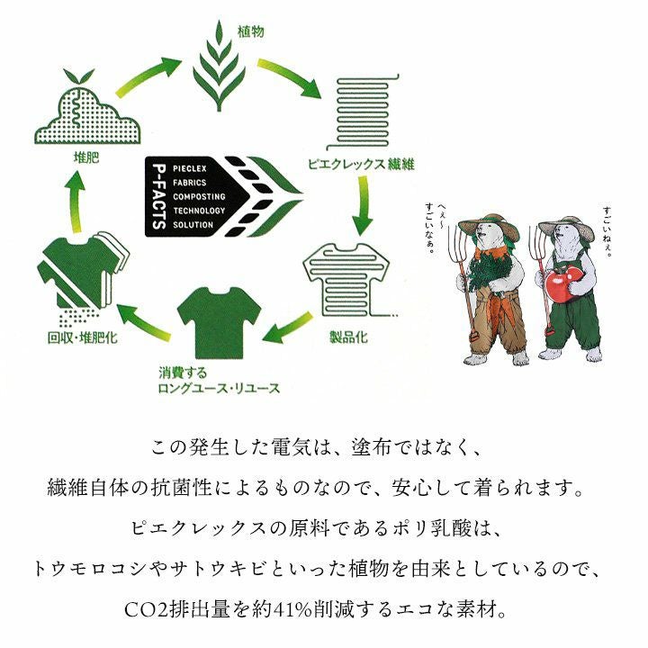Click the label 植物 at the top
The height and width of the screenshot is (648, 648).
250,31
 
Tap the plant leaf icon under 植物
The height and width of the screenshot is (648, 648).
219,66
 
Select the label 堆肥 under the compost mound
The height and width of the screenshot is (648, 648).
86,157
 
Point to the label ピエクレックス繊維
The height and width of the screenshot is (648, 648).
361,165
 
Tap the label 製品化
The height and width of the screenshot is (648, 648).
348,337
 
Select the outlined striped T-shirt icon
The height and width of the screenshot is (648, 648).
347,281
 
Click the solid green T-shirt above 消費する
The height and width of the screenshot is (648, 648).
219,322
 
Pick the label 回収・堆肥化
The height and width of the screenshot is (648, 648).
83,337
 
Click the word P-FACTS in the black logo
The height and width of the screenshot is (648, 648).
159,197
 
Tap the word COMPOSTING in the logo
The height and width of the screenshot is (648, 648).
199,197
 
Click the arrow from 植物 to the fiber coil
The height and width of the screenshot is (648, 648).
289,77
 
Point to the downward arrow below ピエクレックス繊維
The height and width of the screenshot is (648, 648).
363,205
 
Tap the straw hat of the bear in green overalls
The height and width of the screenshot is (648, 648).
567,228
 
